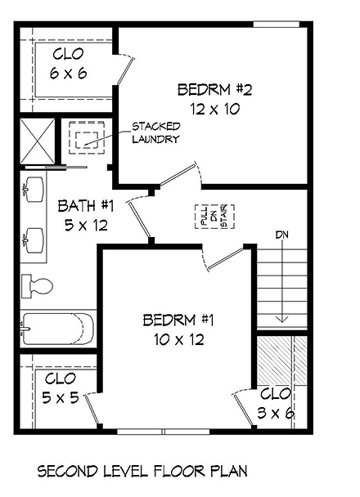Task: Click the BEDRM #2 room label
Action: [208, 99]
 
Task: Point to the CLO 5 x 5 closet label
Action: [61, 388]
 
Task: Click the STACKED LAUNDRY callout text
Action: [155, 133]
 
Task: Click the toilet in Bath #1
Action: [37, 285]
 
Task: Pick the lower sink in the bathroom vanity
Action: [32, 238]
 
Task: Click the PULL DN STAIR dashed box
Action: [210, 217]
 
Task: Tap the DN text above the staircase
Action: [282, 235]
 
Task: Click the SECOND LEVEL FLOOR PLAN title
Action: [142, 472]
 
